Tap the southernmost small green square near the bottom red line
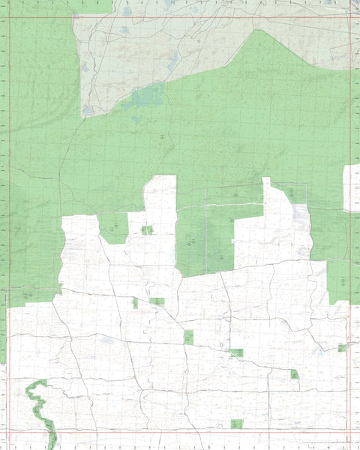[x=238, y=424]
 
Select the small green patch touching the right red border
[x=342, y=347]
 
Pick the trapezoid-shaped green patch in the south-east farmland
[x=295, y=373]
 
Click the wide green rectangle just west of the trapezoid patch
[x=237, y=352]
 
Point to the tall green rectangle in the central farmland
[x=189, y=337]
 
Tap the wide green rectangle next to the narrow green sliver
[x=157, y=301]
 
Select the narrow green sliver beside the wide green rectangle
[x=135, y=303]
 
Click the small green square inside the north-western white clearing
[x=147, y=229]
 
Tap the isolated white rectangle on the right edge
[x=352, y=187]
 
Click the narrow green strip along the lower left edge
[x=3, y=330]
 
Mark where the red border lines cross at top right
[x=349, y=17]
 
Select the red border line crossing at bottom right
[x=349, y=433]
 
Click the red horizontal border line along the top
[x=180, y=17]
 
